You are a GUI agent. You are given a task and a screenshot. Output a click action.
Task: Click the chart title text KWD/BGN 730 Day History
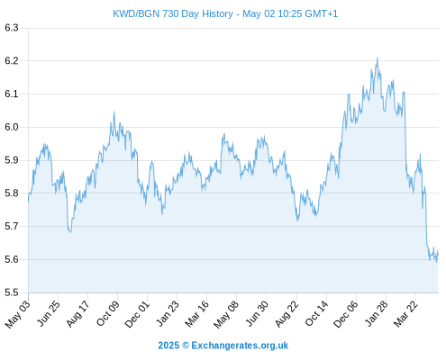coord(173,13)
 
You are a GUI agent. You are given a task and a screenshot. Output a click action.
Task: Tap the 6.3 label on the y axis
coord(12,28)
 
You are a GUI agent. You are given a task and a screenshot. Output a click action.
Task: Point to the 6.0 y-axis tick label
coord(12,127)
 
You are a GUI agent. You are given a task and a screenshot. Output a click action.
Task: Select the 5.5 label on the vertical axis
coord(12,292)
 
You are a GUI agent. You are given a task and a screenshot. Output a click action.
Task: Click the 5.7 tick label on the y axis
coord(12,226)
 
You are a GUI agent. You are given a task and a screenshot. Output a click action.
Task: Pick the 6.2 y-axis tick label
coord(12,61)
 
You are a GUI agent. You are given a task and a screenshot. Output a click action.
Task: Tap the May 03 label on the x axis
coord(18,314)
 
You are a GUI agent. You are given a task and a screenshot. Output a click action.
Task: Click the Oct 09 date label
coord(107,313)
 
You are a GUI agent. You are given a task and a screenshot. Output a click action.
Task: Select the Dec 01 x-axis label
coord(137,314)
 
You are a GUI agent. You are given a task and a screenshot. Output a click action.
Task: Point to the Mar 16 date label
coord(196,313)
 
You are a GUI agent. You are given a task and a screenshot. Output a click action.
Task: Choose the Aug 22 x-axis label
coord(287,313)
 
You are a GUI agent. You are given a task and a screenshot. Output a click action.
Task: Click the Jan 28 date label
coord(376,313)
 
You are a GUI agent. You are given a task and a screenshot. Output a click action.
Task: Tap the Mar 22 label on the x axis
coord(405,313)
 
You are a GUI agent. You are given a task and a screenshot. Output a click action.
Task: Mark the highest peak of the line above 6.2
coord(378,58)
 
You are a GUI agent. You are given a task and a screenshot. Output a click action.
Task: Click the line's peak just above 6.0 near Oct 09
coord(114,112)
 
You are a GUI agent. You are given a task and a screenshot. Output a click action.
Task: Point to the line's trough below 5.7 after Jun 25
coord(70,232)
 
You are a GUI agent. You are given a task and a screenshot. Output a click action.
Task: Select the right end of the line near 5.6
coord(438,255)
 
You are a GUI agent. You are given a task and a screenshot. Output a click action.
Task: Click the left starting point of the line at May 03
coord(29,202)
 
